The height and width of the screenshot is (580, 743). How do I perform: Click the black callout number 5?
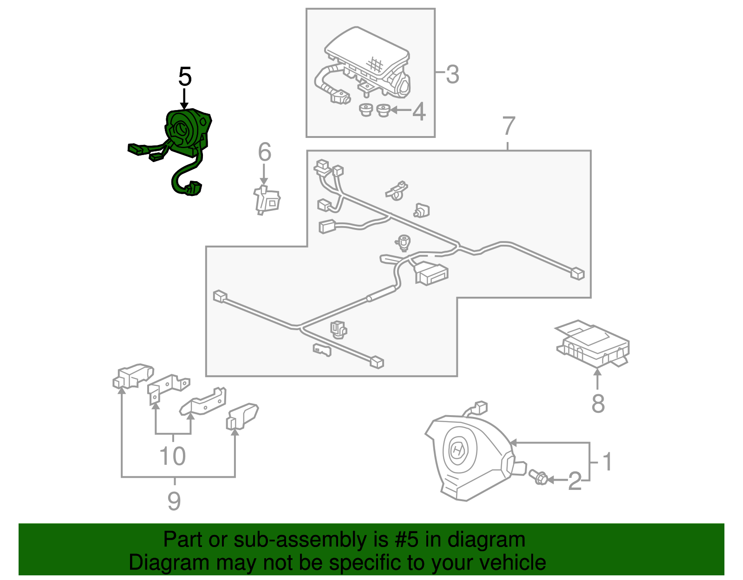[x=185, y=77]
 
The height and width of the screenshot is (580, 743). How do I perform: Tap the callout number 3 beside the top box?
[x=452, y=74]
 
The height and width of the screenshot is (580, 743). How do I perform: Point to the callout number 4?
[x=419, y=111]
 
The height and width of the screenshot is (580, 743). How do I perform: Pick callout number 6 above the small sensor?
[x=264, y=152]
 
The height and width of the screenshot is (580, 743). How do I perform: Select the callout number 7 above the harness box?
[x=509, y=126]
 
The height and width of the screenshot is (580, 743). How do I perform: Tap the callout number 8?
[x=598, y=403]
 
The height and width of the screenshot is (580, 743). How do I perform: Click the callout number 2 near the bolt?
[x=575, y=481]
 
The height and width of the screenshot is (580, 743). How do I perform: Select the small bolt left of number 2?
[x=539, y=477]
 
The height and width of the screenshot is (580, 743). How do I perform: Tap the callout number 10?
[x=173, y=456]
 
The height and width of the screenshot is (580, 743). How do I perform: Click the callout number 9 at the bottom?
[x=174, y=501]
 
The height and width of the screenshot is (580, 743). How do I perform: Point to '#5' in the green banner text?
[x=406, y=540]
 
